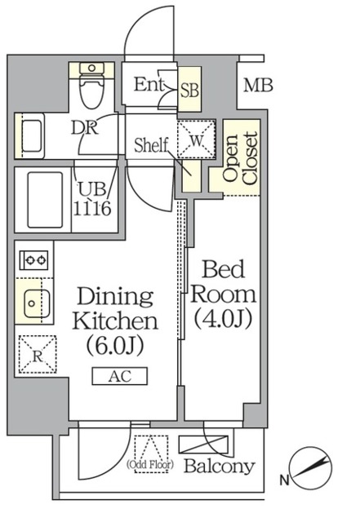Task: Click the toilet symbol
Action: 91,85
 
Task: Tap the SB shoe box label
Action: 189,90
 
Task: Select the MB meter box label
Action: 258,85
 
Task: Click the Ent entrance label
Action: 149,84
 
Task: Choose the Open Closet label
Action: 241,158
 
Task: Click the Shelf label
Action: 151,145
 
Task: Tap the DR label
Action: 85,127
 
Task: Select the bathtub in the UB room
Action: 45,200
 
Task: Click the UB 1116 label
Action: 92,199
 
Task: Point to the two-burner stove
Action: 33,260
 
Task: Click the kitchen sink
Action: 37,303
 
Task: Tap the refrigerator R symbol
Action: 38,354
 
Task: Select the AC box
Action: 120,376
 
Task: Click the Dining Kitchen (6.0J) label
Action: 115,321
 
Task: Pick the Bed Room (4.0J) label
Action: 223,294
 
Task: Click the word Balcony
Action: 220,467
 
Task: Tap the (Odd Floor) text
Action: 150,464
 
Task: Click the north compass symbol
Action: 310,469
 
